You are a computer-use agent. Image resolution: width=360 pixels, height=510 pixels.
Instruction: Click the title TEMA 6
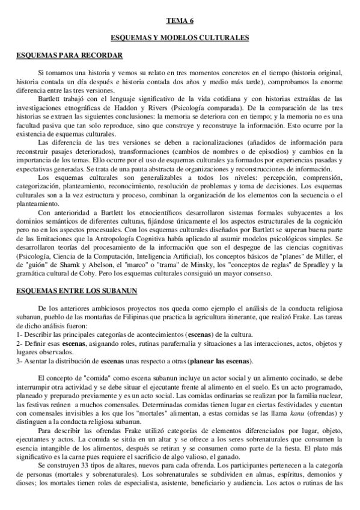[180, 21]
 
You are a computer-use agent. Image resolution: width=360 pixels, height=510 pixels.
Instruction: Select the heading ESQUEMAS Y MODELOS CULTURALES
[180, 38]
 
